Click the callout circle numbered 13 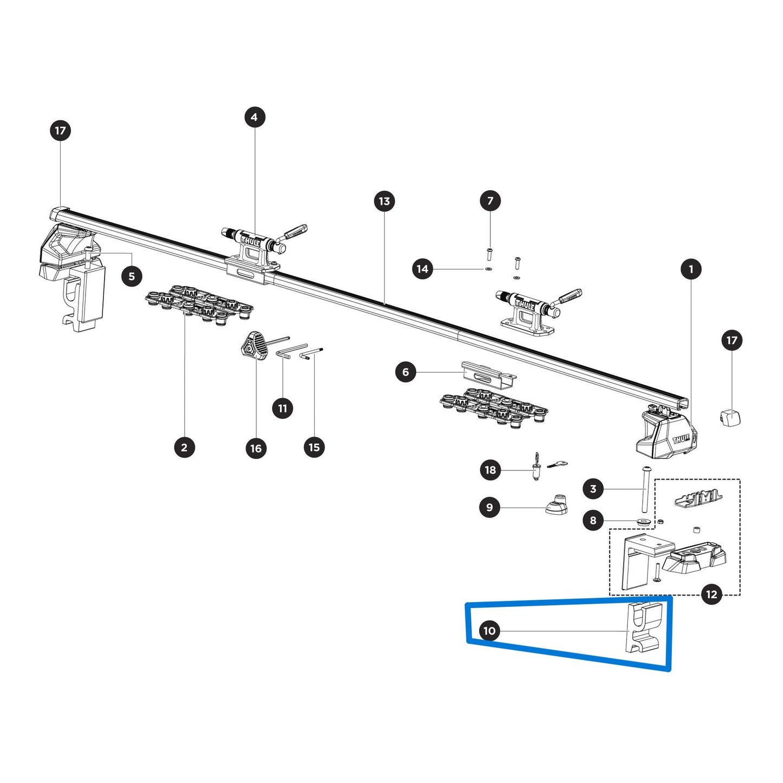click(384, 202)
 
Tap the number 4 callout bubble click(255, 117)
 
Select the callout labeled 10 click(489, 631)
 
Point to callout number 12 click(711, 594)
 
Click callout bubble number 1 click(691, 269)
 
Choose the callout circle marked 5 click(132, 276)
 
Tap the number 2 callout click(184, 448)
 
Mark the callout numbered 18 click(490, 470)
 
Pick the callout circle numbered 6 click(405, 372)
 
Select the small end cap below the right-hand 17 click(730, 418)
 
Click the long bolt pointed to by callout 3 click(646, 489)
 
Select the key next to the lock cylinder click(557, 464)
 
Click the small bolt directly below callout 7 click(489, 253)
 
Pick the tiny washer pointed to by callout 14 click(488, 269)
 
